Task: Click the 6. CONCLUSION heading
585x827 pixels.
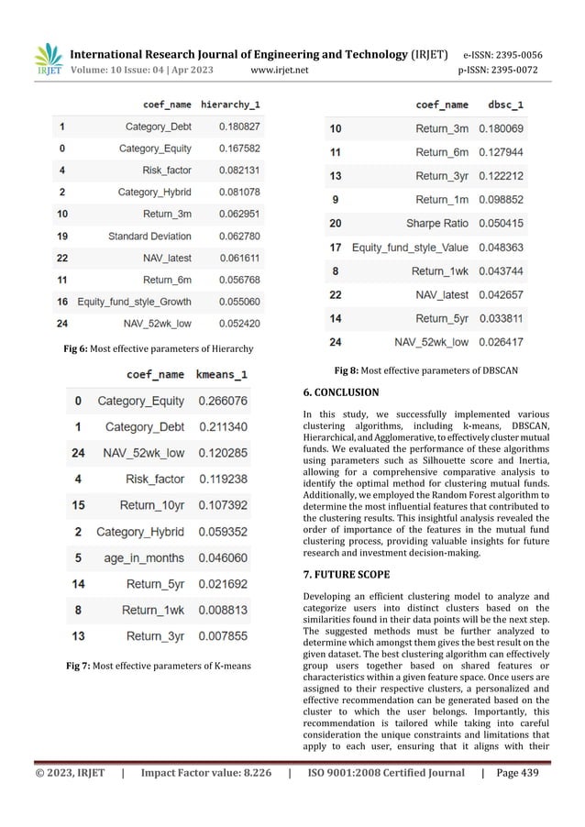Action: click(340, 392)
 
